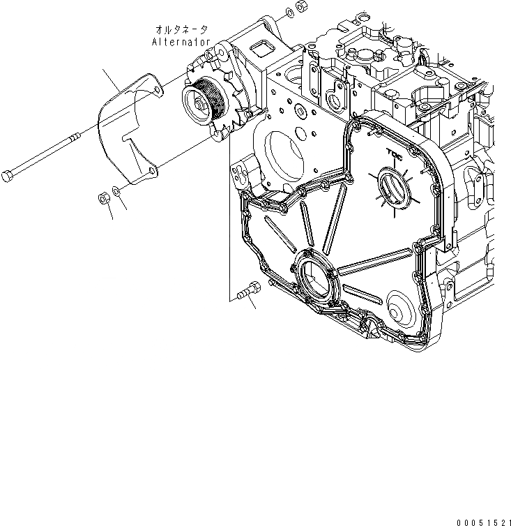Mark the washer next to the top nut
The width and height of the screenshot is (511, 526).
[289, 13]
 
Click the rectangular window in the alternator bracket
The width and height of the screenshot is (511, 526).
[264, 49]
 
